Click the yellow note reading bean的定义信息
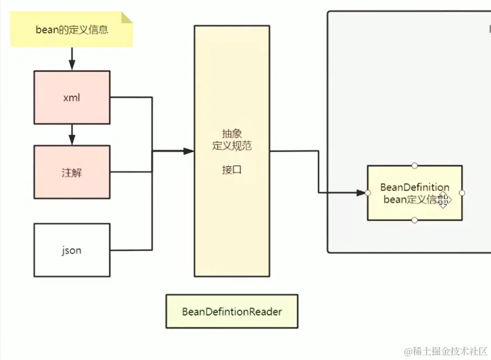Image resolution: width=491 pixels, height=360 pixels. point(72,30)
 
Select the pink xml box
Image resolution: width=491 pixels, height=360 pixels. point(72,97)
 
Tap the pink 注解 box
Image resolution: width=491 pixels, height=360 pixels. point(72,172)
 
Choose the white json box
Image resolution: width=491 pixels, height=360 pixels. point(72,250)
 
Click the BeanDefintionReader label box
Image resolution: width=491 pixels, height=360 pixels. point(232,311)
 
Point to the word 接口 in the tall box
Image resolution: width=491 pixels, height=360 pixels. point(231,170)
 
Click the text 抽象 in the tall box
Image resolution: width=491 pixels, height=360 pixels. point(231,134)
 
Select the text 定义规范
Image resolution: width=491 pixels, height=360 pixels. point(231,146)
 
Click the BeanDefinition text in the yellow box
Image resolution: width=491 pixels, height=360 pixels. point(415,187)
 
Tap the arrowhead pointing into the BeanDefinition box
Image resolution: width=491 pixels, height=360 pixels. point(361,193)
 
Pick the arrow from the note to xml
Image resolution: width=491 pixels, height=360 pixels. point(72,59)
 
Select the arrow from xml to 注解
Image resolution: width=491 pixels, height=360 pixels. point(72,135)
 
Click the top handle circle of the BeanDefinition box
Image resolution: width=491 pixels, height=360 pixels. point(415,165)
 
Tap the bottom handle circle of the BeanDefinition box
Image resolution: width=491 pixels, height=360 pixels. point(415,220)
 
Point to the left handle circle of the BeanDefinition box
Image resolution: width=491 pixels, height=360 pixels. point(367,193)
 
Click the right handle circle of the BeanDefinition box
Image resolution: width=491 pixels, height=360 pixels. point(462,193)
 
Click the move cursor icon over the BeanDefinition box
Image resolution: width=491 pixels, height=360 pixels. point(443,200)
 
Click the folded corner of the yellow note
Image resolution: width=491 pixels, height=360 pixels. point(127,18)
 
